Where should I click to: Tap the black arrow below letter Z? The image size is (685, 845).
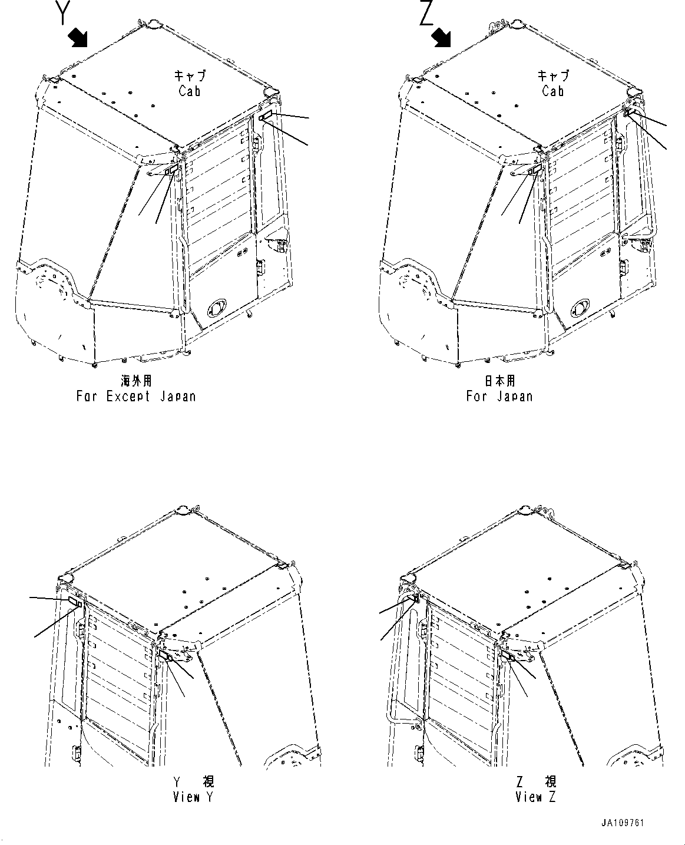441,38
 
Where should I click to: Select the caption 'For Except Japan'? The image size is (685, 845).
136,396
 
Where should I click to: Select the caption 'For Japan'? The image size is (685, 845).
499,396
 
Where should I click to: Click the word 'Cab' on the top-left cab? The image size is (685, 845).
190,91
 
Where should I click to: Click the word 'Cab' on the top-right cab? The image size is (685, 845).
553,91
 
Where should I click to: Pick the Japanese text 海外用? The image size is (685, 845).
136,381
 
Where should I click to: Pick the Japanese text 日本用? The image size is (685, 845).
499,381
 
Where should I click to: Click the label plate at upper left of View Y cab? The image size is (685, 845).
74,601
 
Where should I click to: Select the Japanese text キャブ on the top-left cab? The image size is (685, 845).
190,75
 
